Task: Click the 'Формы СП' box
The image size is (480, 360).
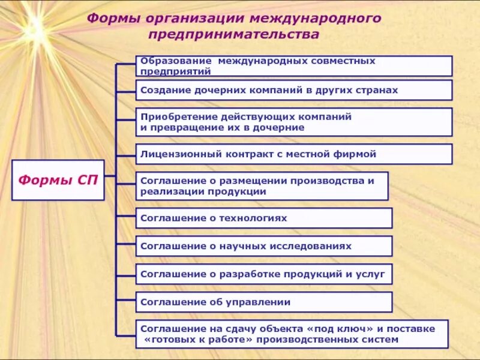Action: (x=58, y=180)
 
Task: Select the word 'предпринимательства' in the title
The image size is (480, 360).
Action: (x=234, y=35)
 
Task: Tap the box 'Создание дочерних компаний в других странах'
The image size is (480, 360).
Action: (x=293, y=90)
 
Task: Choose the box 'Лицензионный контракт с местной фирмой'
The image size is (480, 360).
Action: (x=293, y=154)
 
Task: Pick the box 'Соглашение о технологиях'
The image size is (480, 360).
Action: (x=264, y=218)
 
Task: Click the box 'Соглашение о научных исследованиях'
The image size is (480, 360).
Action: (x=264, y=246)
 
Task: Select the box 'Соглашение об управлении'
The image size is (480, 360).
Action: (x=264, y=302)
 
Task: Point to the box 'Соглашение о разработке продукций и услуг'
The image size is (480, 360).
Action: (x=264, y=274)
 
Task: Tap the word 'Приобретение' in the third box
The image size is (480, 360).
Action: (x=170, y=117)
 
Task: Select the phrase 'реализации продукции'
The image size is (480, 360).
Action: (x=203, y=192)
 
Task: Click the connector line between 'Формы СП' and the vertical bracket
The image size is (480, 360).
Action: (x=110, y=180)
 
